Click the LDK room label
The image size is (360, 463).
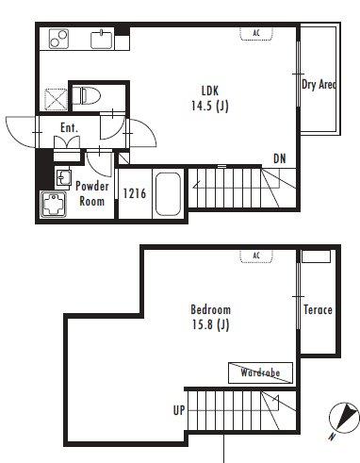pos(210,91)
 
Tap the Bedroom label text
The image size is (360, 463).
pos(211,309)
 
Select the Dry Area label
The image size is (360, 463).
pos(319,84)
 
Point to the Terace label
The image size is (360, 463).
pos(318,310)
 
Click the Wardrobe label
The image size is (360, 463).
pos(260,372)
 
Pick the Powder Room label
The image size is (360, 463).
pos(92,193)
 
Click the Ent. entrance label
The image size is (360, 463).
pos(69,128)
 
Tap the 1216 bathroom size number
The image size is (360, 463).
pos(135,193)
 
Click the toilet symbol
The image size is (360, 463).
pos(86,95)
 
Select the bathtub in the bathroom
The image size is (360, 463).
pos(168,194)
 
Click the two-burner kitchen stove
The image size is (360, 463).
pos(58,39)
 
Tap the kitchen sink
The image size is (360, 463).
pos(102,40)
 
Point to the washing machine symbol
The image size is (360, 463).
pos(54,205)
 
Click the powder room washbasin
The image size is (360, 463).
pos(63,178)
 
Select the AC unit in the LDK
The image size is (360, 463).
pos(256,33)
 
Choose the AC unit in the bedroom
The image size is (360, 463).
pos(256,256)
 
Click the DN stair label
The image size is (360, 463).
pos(280,158)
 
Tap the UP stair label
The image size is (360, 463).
pos(179,410)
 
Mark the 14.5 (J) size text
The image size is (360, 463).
pos(210,106)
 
